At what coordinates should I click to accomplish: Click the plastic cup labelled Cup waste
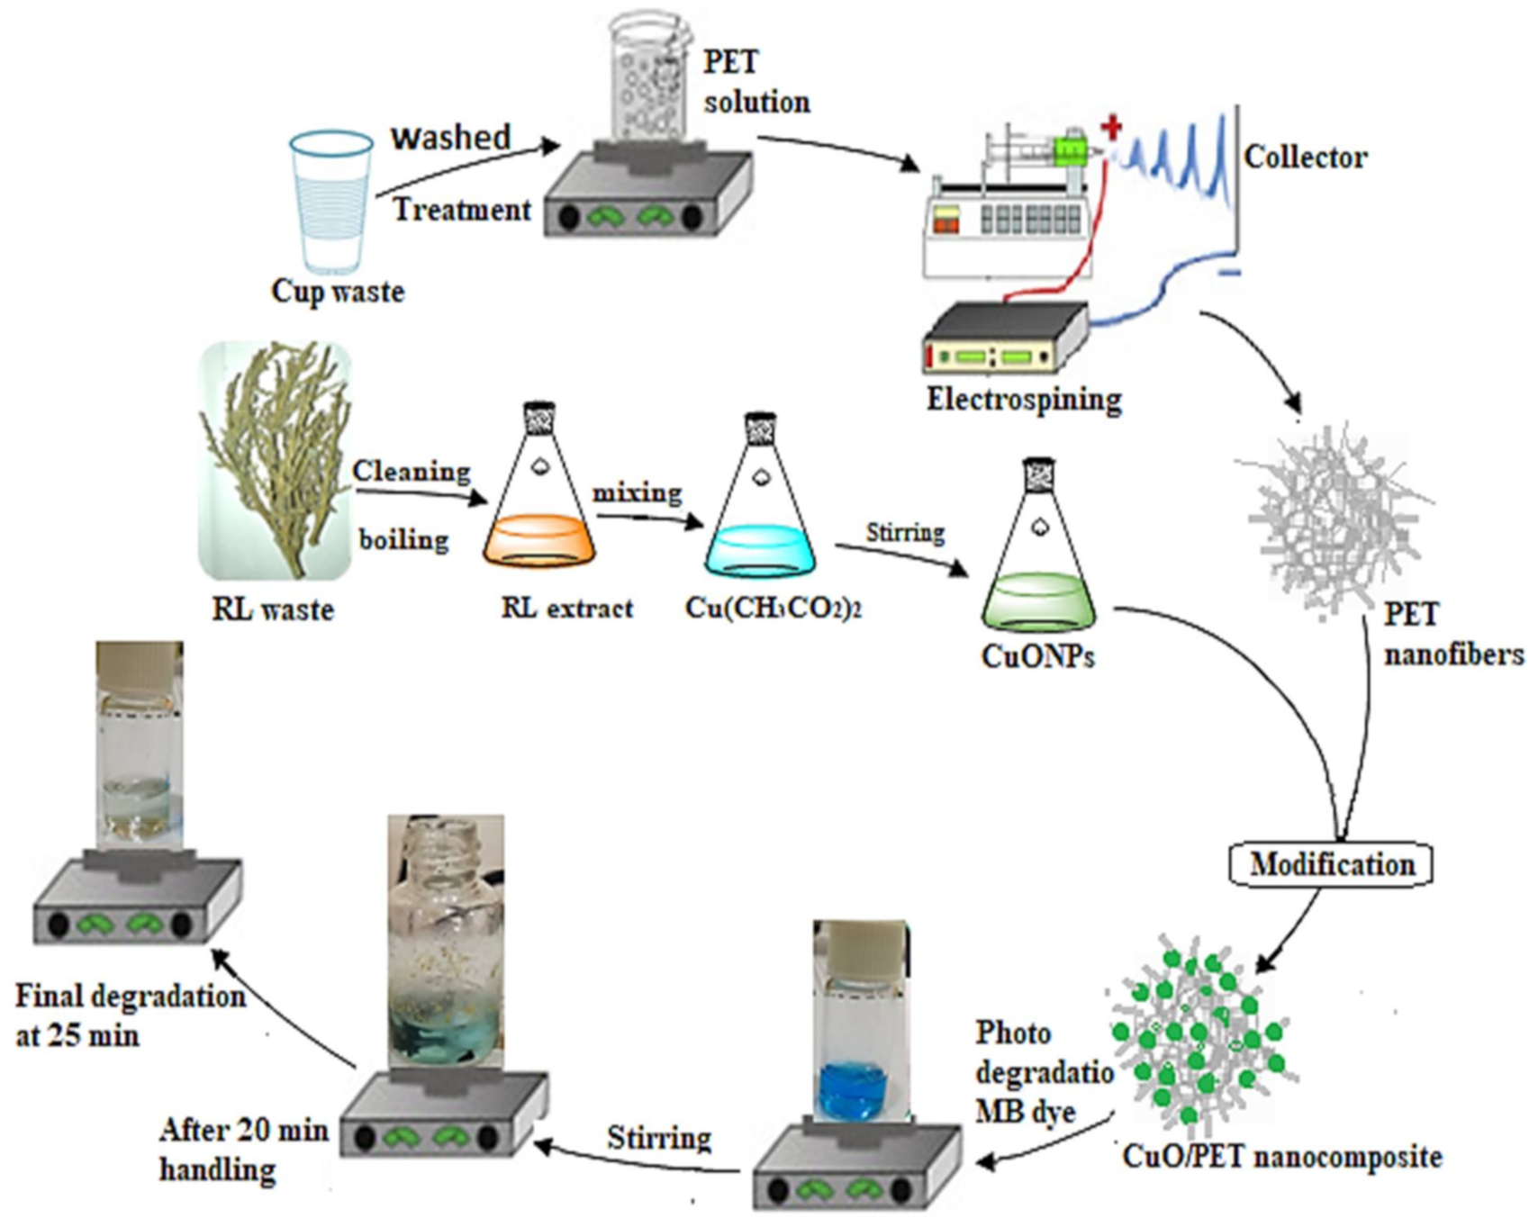[330, 202]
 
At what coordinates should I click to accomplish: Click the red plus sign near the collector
[1112, 127]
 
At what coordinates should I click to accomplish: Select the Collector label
[1305, 158]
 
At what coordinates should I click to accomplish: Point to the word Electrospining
[1024, 399]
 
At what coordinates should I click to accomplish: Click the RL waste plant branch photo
[275, 459]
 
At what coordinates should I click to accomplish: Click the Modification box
[1331, 865]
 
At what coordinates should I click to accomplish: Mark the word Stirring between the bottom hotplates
[658, 1138]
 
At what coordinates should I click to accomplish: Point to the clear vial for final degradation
[139, 747]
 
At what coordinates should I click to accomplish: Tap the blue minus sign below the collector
[1232, 273]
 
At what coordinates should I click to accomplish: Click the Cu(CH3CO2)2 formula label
[773, 608]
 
